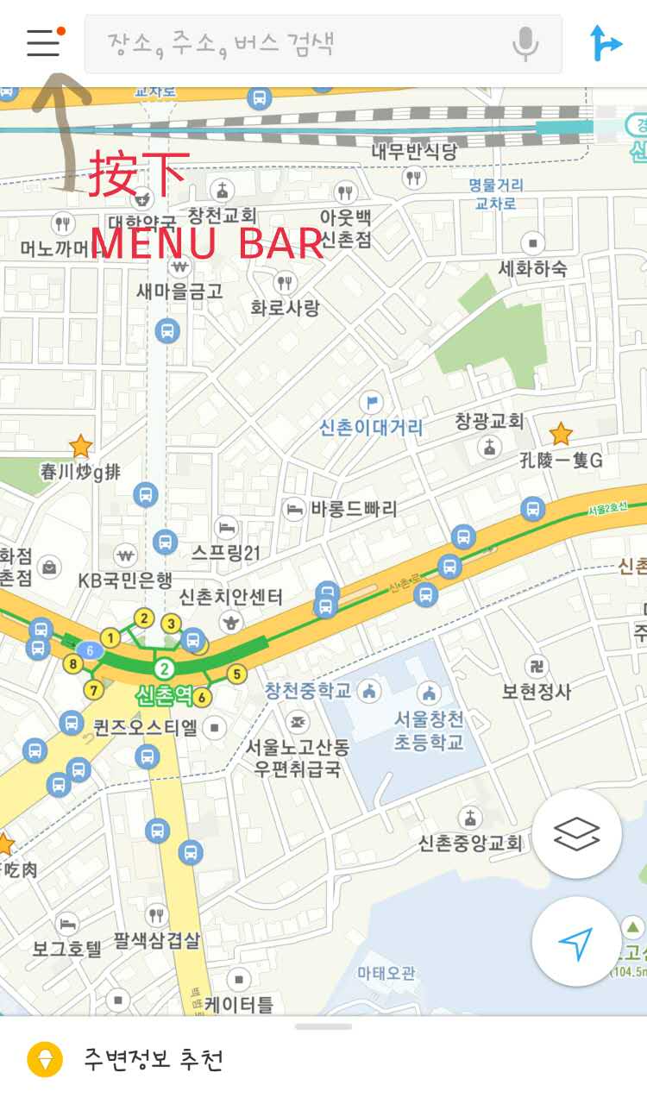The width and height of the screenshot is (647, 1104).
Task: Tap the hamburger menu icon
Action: [x=43, y=42]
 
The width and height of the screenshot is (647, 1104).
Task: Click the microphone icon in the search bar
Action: [x=525, y=43]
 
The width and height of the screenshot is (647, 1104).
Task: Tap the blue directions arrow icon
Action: [x=606, y=43]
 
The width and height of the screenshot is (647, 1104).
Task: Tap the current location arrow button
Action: [x=576, y=943]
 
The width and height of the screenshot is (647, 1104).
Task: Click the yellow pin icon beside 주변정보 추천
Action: [x=45, y=1059]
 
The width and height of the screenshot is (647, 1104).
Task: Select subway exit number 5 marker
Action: [x=236, y=674]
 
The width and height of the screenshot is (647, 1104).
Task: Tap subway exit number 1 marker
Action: [x=110, y=637]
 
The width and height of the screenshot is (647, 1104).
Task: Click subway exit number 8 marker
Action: [x=74, y=663]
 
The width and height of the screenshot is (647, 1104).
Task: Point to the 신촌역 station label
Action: [x=164, y=694]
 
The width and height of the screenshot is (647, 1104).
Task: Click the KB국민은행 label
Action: [x=125, y=580]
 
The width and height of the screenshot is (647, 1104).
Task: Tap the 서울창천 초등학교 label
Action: [x=429, y=730]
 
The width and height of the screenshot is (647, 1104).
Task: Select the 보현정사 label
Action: [x=537, y=691]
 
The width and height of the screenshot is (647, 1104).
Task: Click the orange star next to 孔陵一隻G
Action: [x=561, y=433]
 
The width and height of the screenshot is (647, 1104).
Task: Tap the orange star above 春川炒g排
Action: [x=80, y=446]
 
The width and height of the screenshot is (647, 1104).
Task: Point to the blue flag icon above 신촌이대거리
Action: [x=372, y=401]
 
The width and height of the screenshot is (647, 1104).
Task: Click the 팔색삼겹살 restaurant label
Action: [x=157, y=940]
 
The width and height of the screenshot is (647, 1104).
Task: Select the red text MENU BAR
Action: [x=207, y=244]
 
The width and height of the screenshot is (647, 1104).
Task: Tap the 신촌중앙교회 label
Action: [x=471, y=843]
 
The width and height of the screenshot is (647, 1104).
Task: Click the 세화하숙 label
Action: [x=533, y=268]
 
